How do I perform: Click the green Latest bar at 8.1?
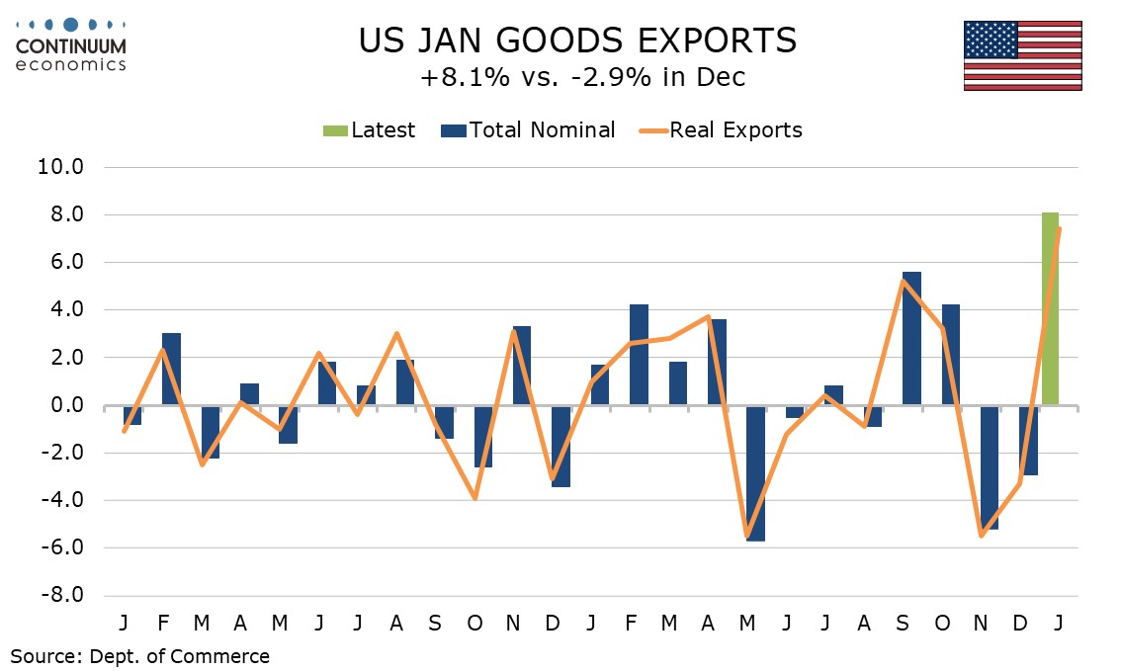(1050, 308)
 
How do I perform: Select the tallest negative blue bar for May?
(755, 472)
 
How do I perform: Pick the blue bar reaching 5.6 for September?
(911, 338)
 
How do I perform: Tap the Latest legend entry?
(370, 130)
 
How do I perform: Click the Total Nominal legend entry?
(530, 130)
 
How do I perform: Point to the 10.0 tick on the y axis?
(62, 167)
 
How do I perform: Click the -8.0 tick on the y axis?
(60, 596)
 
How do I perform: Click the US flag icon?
(1022, 55)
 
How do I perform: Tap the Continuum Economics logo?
(70, 44)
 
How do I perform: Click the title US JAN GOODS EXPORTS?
(576, 41)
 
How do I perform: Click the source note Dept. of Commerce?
(139, 656)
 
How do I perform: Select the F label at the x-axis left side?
(163, 625)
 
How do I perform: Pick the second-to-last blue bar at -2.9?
(1029, 440)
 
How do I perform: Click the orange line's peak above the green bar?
(1060, 229)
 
